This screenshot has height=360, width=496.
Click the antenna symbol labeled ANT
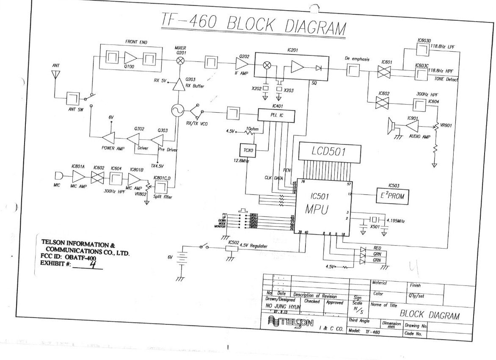point(54,75)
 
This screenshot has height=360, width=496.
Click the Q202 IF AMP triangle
point(243,64)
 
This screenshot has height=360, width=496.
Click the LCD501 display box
point(330,153)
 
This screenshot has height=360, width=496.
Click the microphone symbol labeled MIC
point(60,176)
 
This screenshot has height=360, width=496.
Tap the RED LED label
point(377,248)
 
